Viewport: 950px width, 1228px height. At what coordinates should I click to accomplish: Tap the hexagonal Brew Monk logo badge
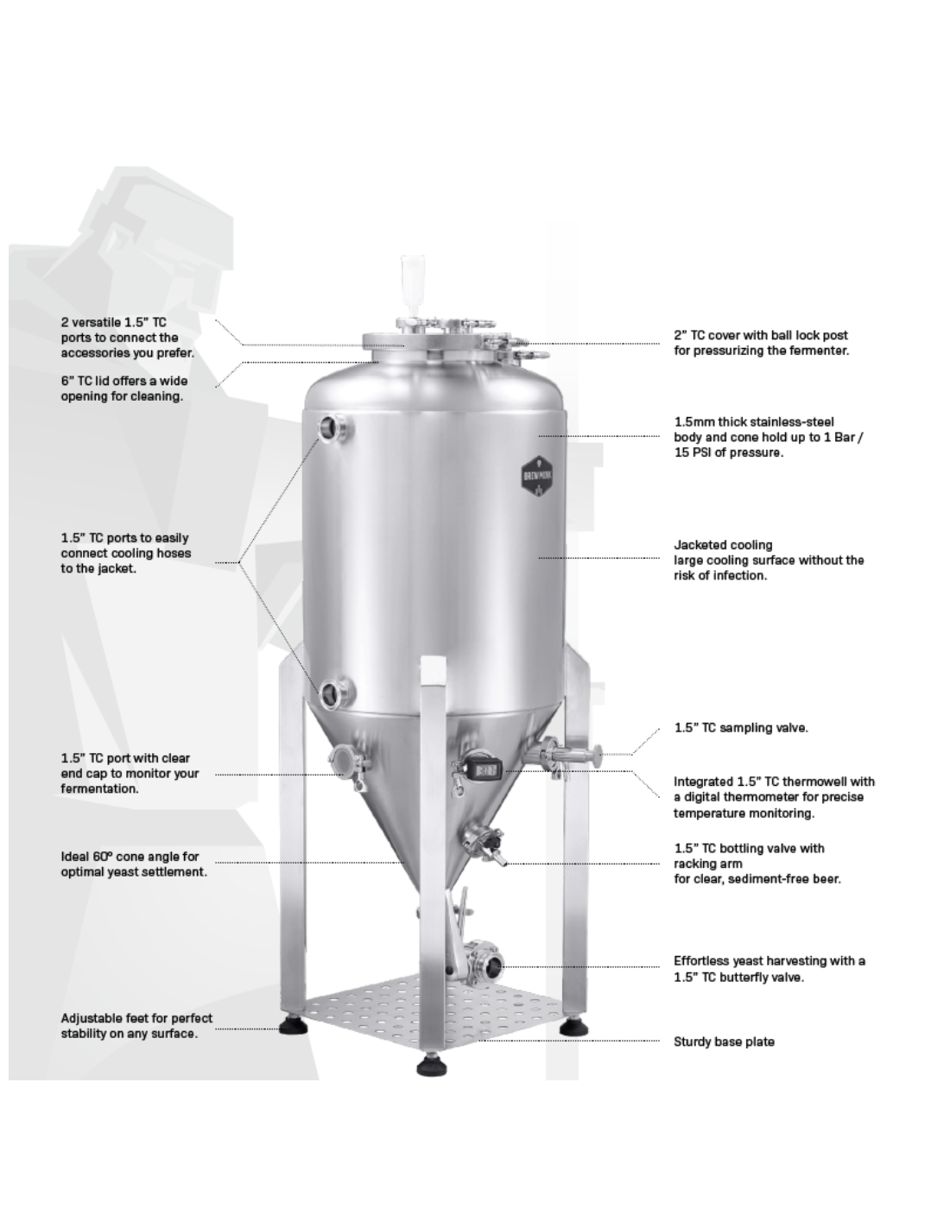537,476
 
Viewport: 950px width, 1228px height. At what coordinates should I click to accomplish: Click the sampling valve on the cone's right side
570,756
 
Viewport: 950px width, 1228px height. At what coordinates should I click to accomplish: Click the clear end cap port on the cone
351,762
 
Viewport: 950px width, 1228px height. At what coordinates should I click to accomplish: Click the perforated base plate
435,1008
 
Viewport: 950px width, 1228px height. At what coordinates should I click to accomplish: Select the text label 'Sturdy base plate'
724,1041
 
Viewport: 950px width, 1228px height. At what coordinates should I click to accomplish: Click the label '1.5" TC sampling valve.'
741,728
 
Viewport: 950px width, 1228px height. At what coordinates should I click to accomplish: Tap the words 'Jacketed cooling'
723,545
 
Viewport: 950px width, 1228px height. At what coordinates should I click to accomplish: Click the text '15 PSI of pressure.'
729,453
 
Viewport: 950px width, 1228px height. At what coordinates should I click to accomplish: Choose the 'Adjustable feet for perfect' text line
136,1018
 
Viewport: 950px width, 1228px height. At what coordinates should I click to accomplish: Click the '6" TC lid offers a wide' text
124,381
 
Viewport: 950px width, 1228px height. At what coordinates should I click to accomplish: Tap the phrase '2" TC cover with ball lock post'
761,335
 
